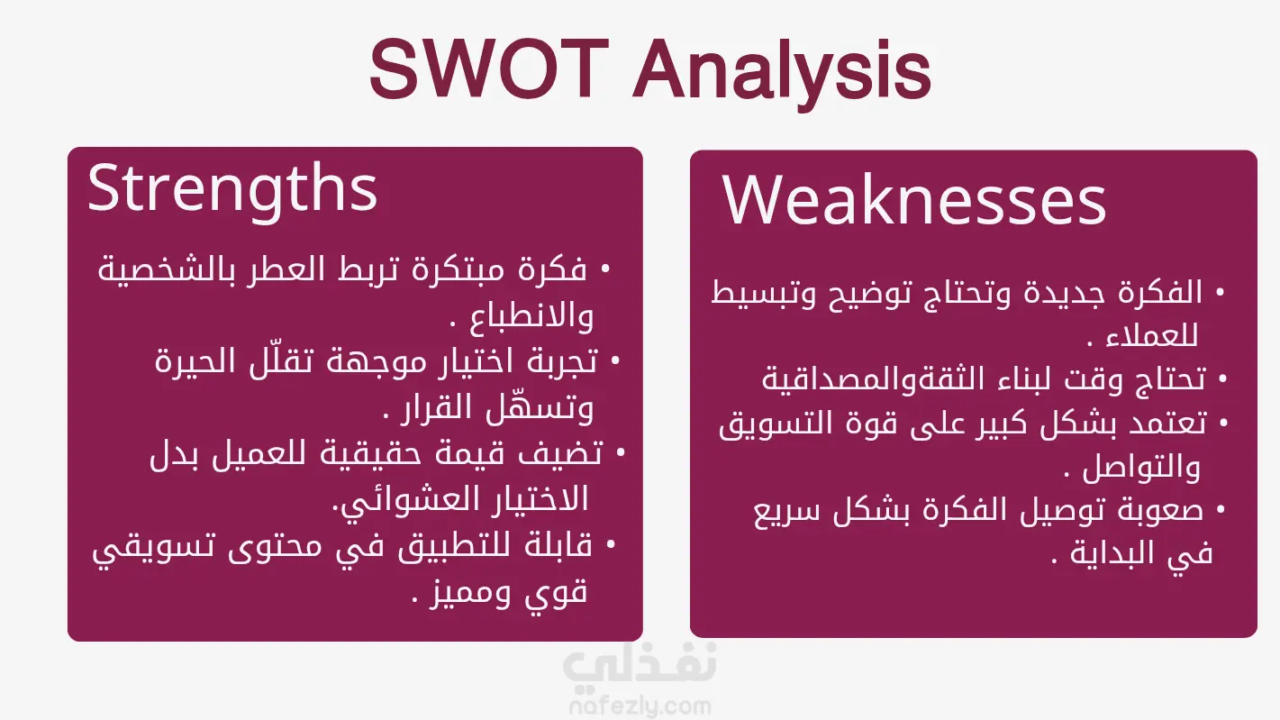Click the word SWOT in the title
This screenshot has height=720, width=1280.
(x=489, y=68)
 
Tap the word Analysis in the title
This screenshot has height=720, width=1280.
(x=782, y=74)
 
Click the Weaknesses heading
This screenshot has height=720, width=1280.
(x=913, y=199)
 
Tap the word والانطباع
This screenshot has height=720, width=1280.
(x=531, y=316)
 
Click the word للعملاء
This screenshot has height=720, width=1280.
(x=1152, y=336)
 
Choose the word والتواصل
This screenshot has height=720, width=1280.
(x=1141, y=468)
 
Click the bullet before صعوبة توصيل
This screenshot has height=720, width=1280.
(x=1221, y=508)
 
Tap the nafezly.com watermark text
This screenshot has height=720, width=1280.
(x=640, y=706)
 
